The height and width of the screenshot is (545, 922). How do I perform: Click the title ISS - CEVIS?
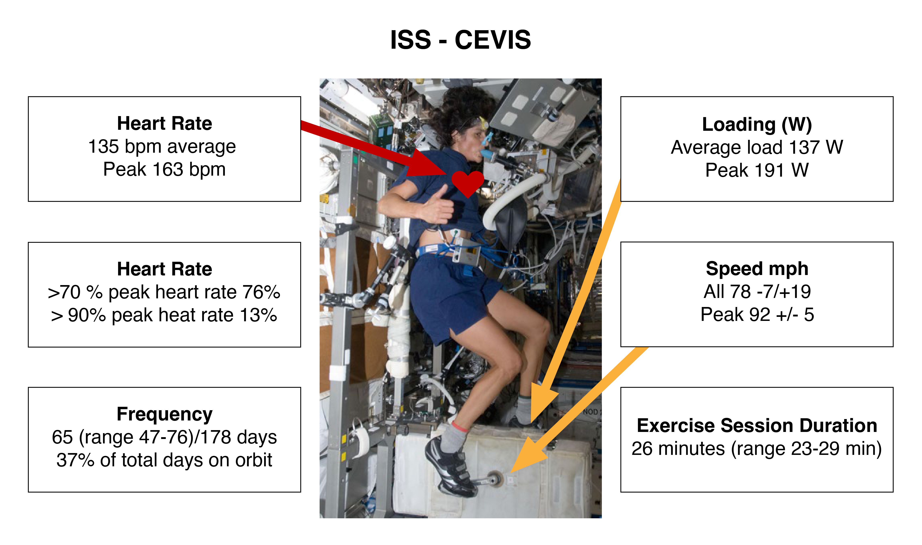tap(460, 40)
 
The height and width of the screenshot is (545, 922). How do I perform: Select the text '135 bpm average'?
tap(162, 146)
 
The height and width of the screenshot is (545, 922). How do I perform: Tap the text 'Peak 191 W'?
tap(757, 170)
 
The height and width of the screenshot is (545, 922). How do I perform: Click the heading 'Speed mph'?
tap(757, 269)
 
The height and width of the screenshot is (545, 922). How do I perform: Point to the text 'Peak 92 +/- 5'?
tap(757, 315)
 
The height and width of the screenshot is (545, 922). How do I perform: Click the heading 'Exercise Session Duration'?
tap(757, 426)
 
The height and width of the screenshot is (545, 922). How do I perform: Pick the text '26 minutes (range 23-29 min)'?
tap(757, 449)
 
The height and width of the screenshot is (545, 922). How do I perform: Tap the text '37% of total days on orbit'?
tap(165, 460)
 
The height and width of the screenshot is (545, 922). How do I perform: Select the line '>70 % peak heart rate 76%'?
tap(164, 292)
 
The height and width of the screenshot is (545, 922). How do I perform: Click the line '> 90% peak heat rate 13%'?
tap(164, 315)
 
